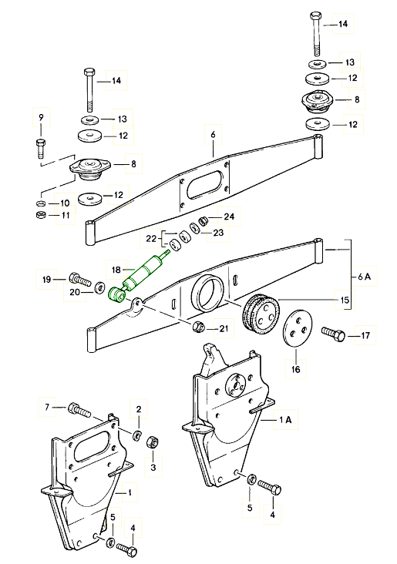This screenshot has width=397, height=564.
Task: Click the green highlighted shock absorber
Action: pos(140,277)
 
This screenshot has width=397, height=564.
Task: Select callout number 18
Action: pos(116,270)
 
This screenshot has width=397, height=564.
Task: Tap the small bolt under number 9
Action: pos(40,147)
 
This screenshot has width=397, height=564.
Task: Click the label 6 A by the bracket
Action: pos(364,277)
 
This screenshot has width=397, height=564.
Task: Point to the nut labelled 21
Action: pos(199,327)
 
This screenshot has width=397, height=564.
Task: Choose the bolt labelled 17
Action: pos(333,335)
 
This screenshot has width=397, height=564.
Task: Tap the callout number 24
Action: pos(229,217)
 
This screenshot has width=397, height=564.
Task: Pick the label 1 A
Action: pos(286,420)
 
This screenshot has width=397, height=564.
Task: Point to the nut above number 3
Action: pos(153,441)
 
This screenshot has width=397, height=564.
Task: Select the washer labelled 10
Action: pos(41,203)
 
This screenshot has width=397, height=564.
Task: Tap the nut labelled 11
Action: pos(41,216)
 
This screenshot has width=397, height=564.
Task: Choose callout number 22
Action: pos(152,239)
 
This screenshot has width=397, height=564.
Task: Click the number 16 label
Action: pos(295,369)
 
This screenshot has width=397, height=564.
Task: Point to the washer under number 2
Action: pos(137,435)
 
